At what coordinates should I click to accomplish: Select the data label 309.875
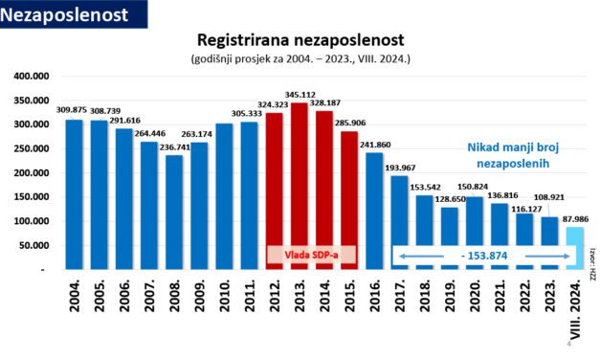coord(72,111)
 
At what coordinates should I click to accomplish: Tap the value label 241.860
coord(374,144)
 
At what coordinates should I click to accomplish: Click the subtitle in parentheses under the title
coord(300,59)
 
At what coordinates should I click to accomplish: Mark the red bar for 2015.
coord(349,200)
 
